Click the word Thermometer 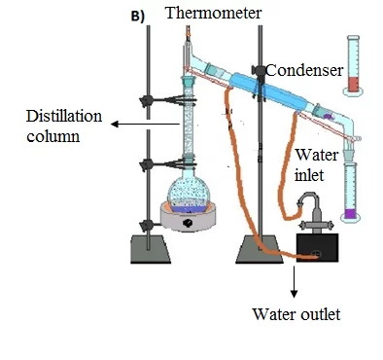213,14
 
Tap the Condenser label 304,70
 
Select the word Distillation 64,116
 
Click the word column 53,136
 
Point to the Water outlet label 296,314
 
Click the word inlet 309,175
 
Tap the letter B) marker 138,17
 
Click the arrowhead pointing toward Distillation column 114,124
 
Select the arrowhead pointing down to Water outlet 294,294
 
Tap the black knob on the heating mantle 188,223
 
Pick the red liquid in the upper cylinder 353,85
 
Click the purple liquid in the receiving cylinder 350,214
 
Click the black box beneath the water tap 318,247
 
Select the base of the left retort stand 151,249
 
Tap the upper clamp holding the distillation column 168,100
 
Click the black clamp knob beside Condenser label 258,70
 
